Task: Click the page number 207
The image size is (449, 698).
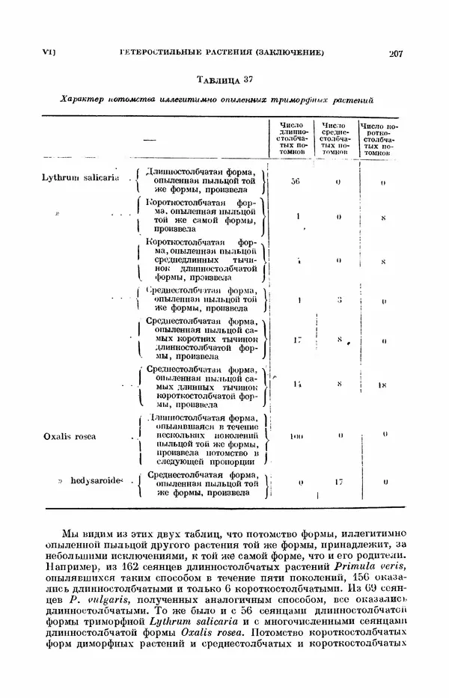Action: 396,53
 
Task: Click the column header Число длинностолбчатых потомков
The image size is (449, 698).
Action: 293,138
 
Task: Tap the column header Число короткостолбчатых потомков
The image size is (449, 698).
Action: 380,138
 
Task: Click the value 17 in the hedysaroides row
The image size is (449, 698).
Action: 337,483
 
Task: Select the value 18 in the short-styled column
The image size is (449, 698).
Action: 382,385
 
